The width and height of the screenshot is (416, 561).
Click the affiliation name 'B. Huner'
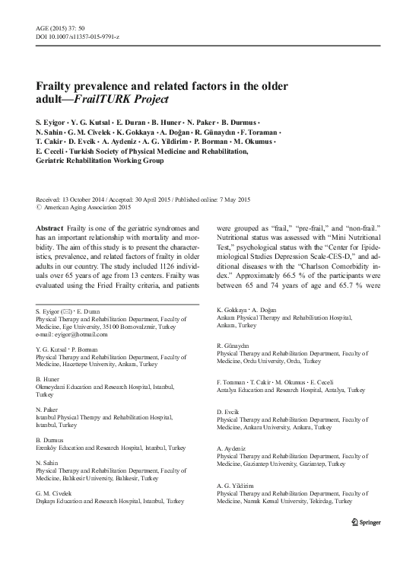point(49,378)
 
